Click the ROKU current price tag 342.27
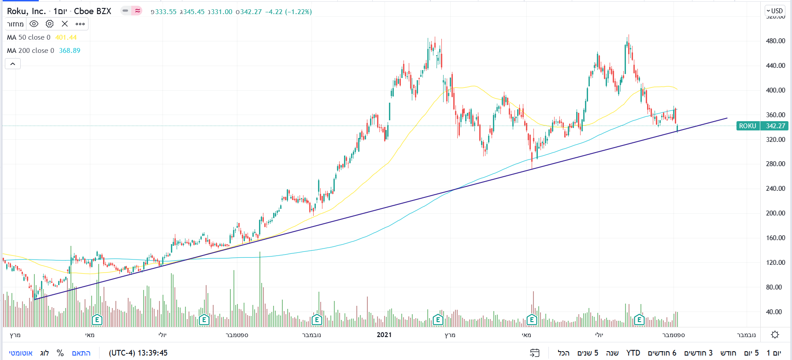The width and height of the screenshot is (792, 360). (x=775, y=126)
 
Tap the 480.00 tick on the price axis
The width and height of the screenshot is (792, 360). (x=775, y=41)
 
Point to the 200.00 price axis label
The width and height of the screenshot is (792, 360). (x=775, y=213)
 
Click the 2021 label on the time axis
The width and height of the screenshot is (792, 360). (x=384, y=335)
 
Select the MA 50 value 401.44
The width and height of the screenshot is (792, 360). (x=66, y=37)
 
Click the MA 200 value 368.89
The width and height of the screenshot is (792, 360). (x=70, y=51)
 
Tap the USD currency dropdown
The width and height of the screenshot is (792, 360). (x=774, y=11)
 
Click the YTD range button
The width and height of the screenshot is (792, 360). (x=633, y=353)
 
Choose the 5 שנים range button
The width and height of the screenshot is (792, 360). (x=588, y=353)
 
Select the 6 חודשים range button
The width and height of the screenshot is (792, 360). (x=662, y=353)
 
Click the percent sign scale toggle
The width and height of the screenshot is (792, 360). (x=60, y=353)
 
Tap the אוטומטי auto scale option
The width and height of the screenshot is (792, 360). (x=21, y=353)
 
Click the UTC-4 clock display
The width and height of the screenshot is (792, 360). (x=138, y=353)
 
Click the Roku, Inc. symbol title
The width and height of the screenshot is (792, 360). (x=26, y=11)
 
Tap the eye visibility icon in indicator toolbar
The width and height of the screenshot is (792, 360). (x=34, y=24)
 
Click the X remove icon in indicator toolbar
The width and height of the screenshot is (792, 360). (x=65, y=24)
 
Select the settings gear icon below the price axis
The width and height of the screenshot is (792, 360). (x=775, y=335)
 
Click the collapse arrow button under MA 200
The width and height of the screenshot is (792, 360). (x=13, y=64)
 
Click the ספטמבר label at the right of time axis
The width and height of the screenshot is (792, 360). (x=674, y=335)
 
